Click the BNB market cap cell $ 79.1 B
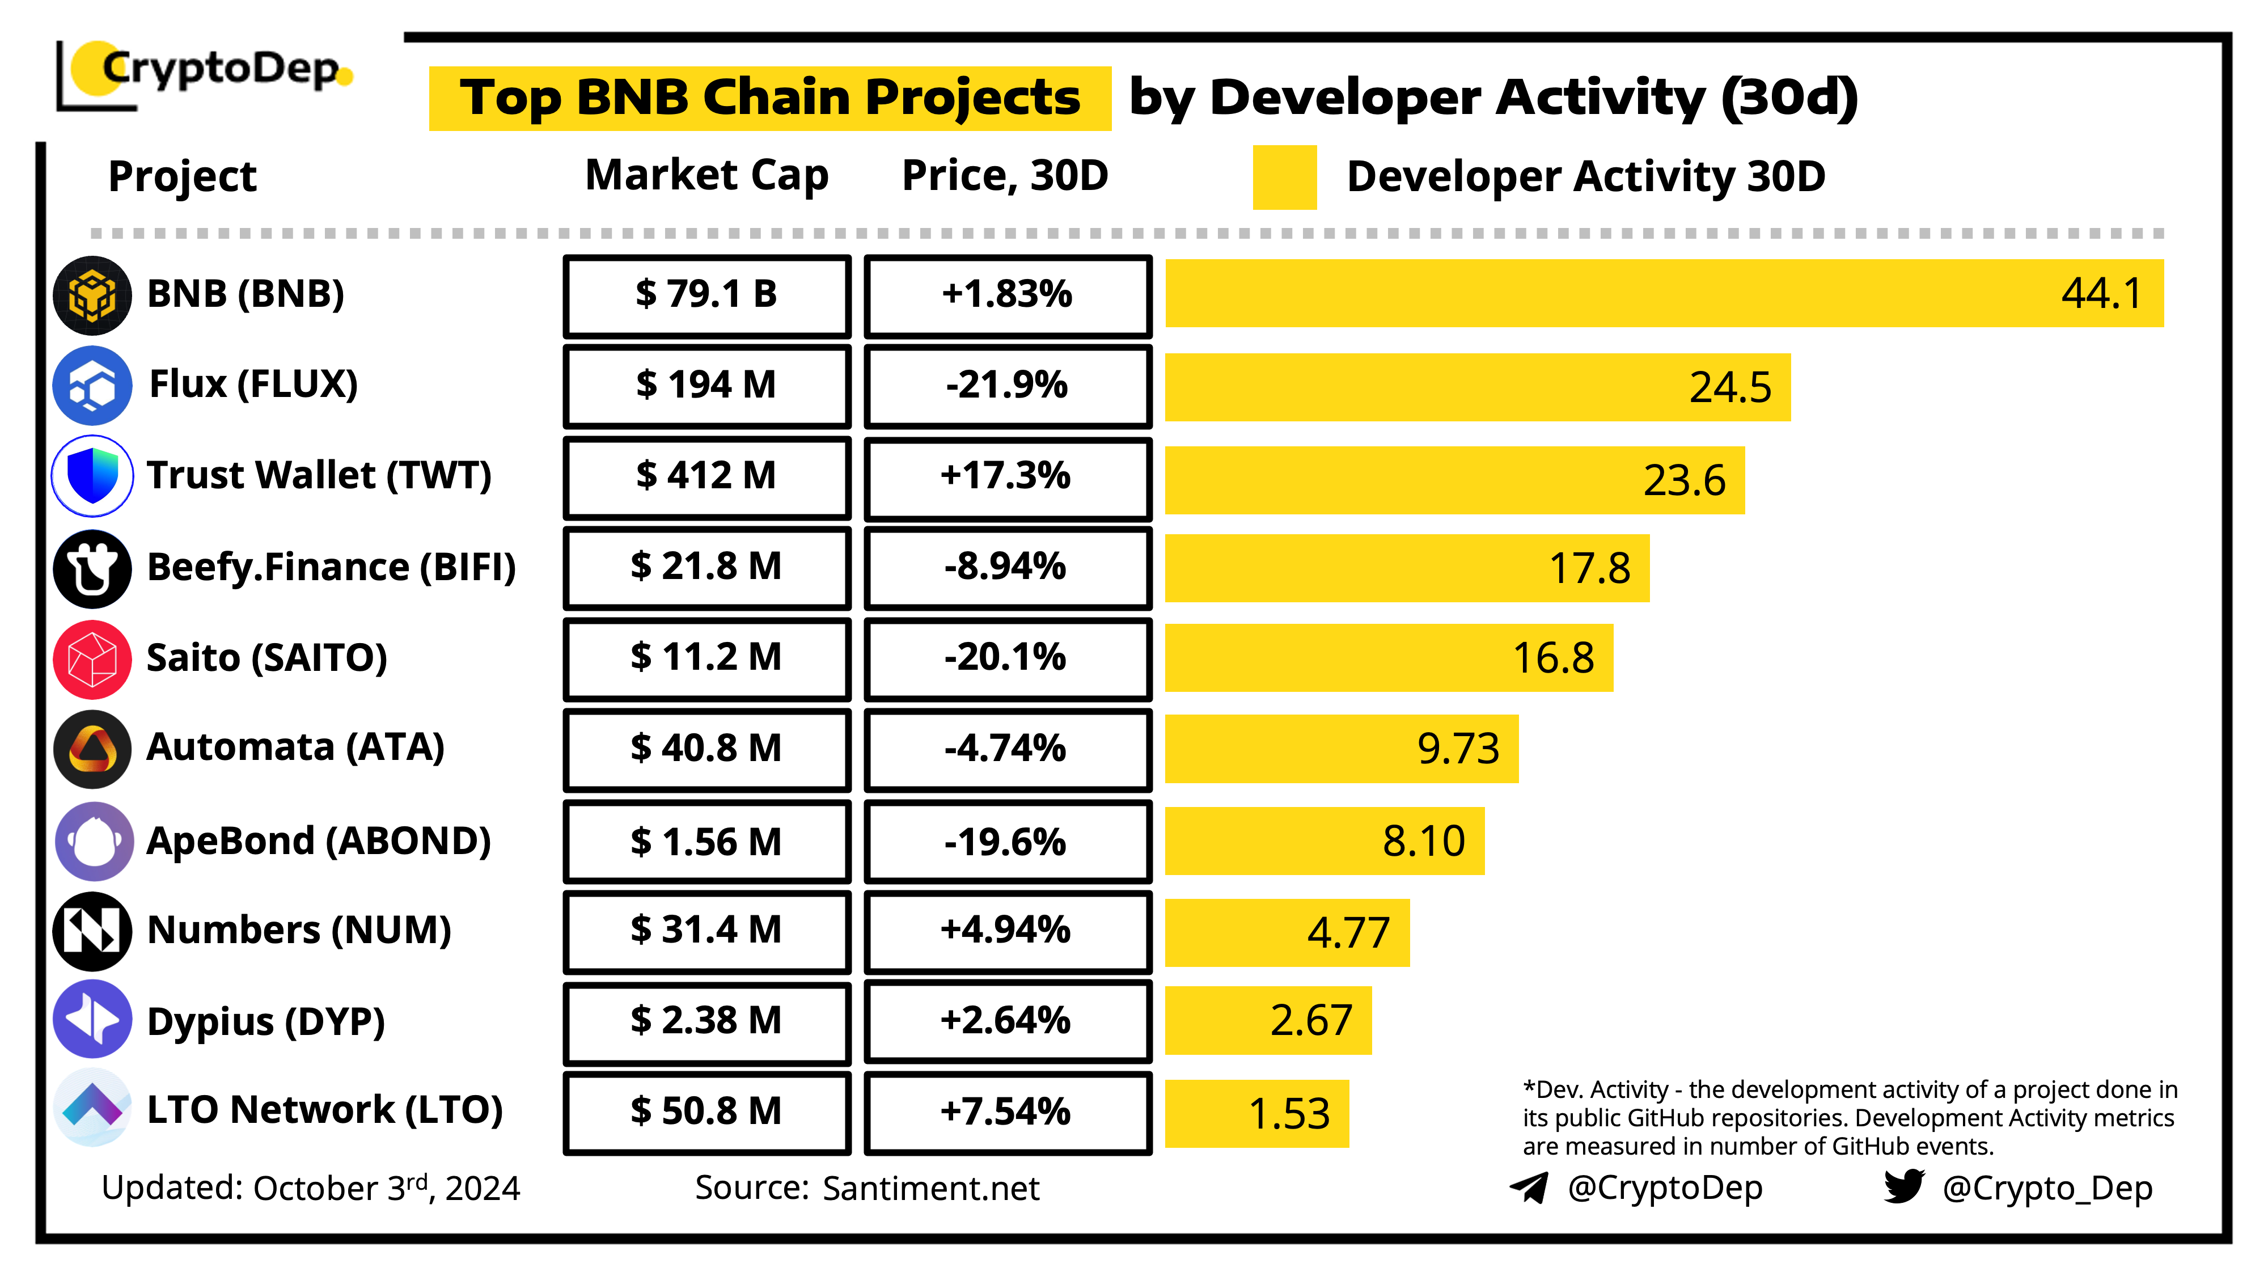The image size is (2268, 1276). [707, 295]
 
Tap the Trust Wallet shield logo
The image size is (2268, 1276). [92, 476]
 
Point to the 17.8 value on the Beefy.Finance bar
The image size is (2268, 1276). [1589, 569]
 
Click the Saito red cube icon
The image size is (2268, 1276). [92, 658]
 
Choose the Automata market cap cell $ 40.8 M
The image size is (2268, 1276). [707, 749]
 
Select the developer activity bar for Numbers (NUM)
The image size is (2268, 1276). [1287, 932]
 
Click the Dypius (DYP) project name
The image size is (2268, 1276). [266, 1021]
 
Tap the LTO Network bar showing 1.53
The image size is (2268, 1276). [1256, 1113]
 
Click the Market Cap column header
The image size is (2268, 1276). [707, 175]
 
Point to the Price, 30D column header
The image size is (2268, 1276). [1005, 175]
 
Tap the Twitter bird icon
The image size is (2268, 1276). [1903, 1187]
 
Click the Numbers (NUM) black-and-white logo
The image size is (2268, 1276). [92, 931]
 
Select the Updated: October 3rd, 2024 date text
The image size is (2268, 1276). [311, 1189]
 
